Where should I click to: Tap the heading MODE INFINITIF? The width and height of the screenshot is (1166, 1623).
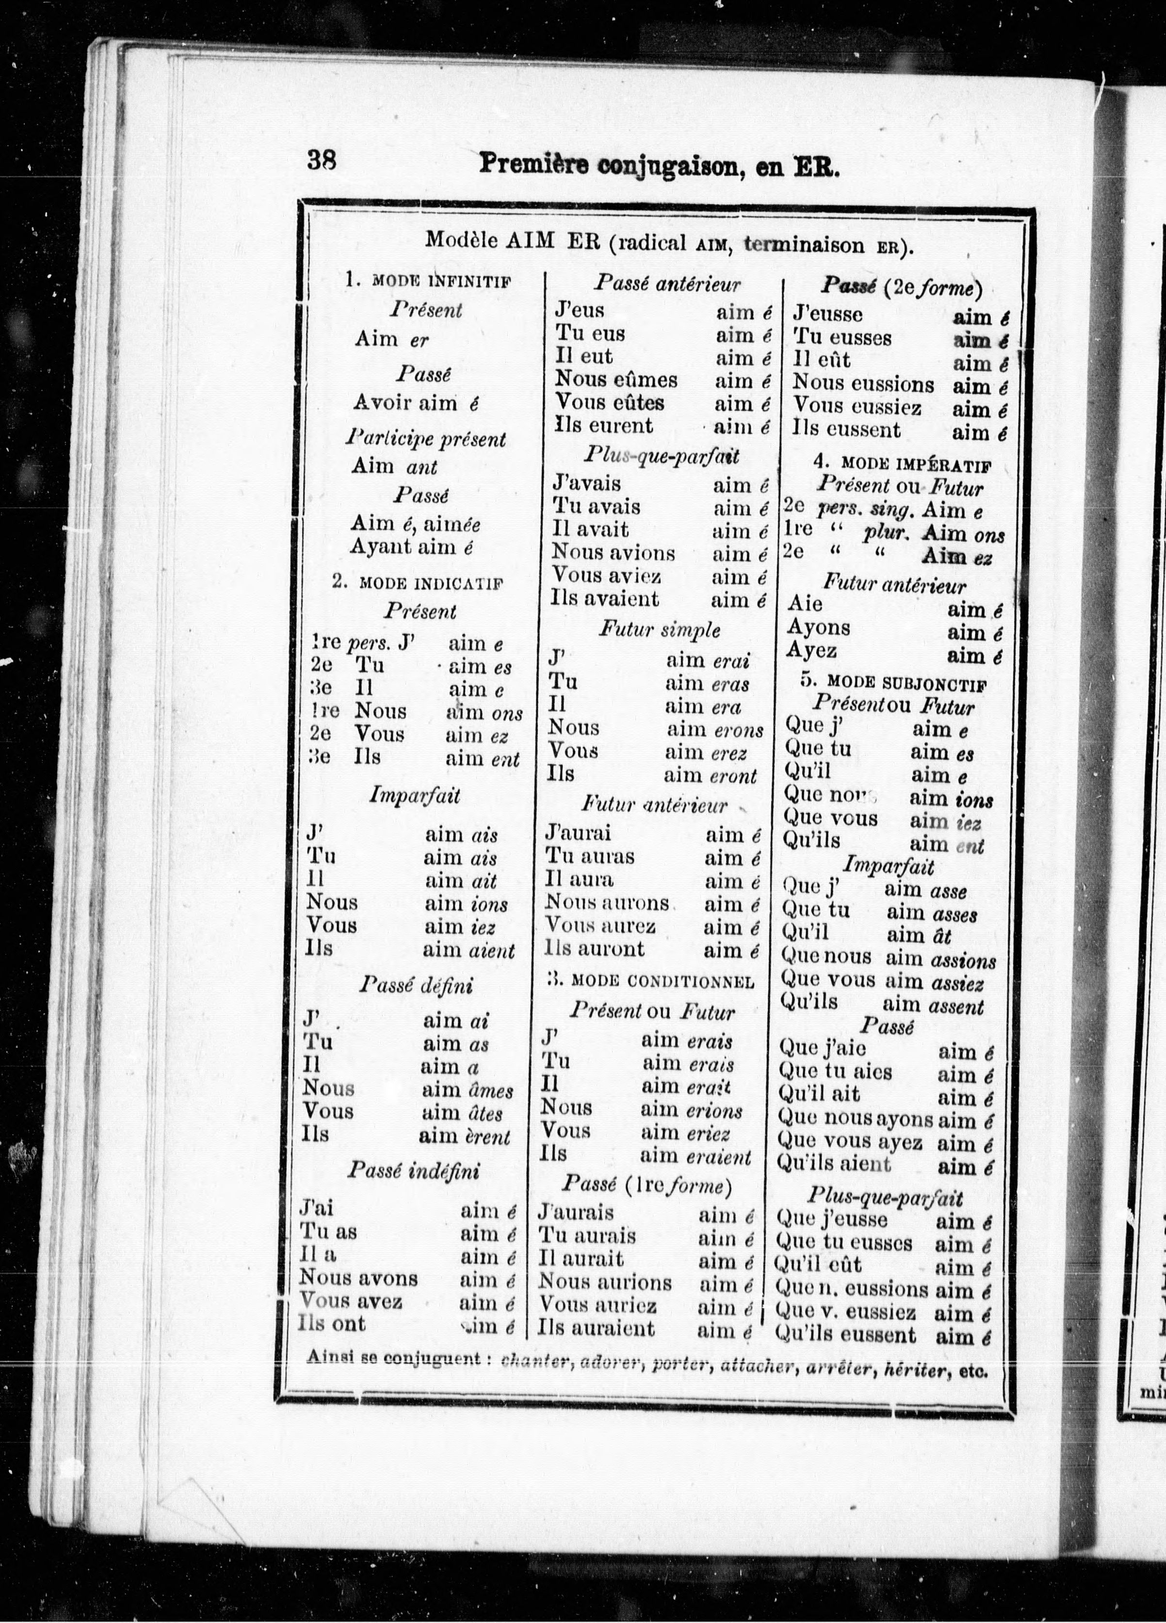click(439, 281)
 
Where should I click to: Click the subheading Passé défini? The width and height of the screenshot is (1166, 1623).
click(416, 986)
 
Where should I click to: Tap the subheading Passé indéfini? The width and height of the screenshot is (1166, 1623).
click(413, 1171)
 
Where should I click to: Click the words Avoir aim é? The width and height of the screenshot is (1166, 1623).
click(415, 403)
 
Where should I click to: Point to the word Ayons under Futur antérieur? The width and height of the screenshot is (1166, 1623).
click(818, 628)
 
